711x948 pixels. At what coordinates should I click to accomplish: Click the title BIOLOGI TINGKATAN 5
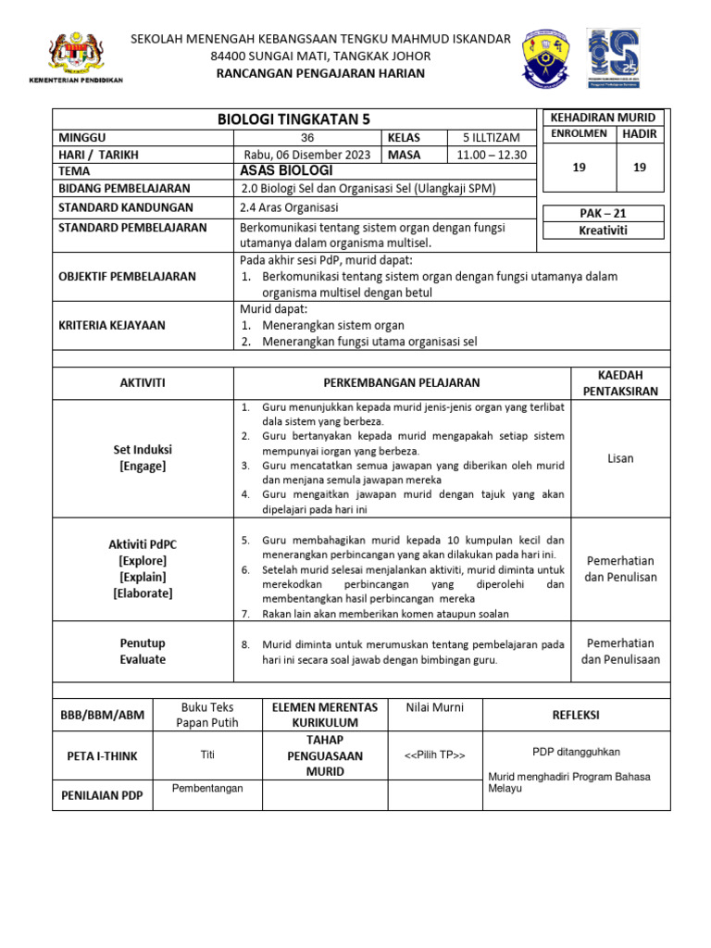[x=293, y=119]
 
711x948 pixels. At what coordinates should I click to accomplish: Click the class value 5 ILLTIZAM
[x=491, y=137]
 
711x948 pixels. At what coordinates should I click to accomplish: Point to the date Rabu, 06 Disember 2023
[x=308, y=154]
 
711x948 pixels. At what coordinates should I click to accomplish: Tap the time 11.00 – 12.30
[x=491, y=154]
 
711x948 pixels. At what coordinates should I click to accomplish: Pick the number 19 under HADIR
[x=638, y=168]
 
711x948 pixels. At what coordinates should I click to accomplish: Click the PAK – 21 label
[x=603, y=213]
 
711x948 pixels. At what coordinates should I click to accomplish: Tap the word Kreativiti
[x=603, y=230]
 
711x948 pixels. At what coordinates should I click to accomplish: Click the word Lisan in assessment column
[x=620, y=458]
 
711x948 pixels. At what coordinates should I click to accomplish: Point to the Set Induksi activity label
[x=143, y=450]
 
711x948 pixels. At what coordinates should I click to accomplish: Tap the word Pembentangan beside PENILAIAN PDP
[x=207, y=788]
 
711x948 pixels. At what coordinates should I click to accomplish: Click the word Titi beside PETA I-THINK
[x=207, y=755]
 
